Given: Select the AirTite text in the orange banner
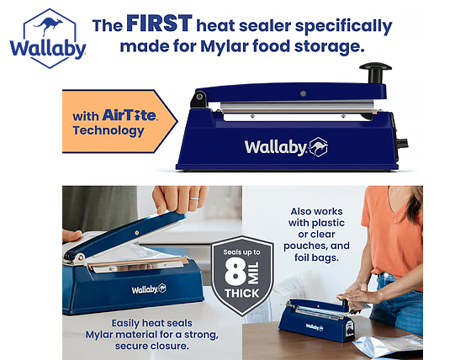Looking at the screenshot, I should (x=130, y=115).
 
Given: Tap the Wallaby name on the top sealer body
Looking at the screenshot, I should (x=275, y=146).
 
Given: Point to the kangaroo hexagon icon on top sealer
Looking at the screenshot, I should (x=318, y=146).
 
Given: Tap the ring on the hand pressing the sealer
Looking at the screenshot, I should (x=193, y=199).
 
